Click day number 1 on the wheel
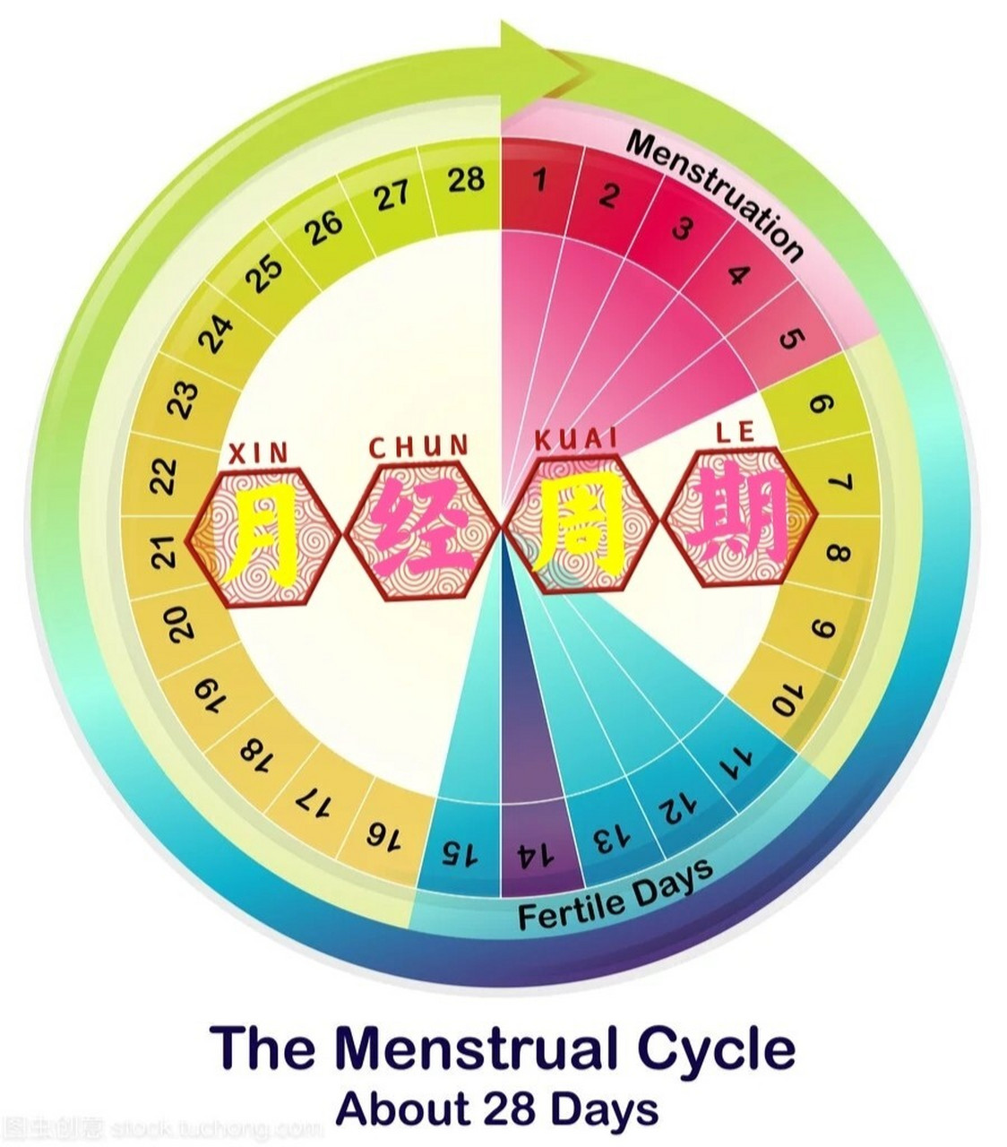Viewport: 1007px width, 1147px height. pos(538,180)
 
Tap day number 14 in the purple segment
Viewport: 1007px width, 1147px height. pos(535,855)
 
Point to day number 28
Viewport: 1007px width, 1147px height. pos(466,180)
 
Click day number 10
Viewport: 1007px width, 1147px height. pos(788,698)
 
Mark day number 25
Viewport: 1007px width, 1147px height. pos(264,273)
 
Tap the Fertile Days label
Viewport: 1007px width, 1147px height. pos(616,895)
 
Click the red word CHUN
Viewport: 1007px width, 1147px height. pos(419,446)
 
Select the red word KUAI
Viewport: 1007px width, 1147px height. pos(576,439)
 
